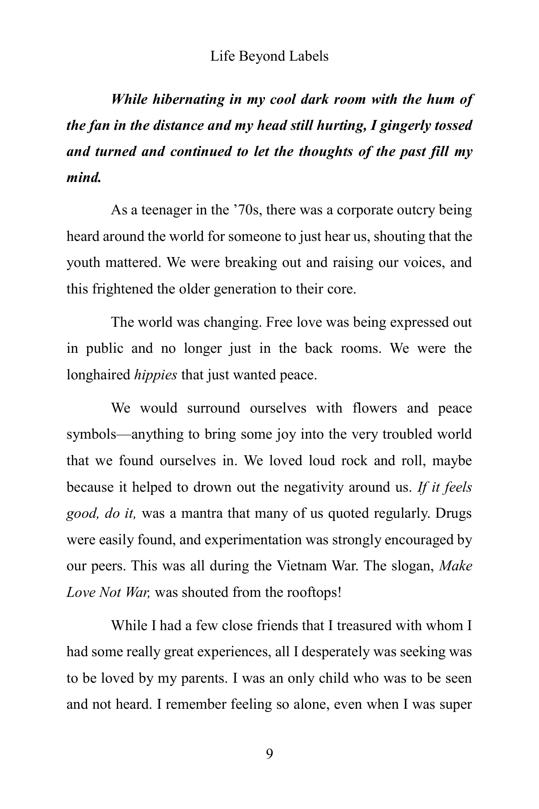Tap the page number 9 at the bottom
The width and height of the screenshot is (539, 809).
(x=269, y=754)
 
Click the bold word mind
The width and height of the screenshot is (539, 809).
(x=83, y=177)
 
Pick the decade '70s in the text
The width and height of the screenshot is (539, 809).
(x=247, y=210)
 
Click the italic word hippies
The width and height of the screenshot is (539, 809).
(x=155, y=375)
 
